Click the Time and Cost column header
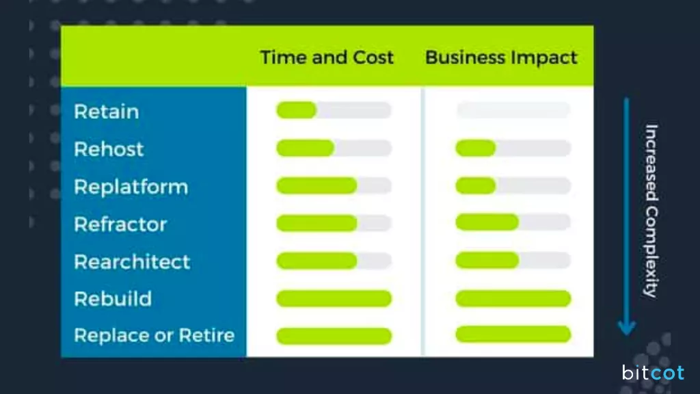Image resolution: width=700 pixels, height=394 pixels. [327, 57]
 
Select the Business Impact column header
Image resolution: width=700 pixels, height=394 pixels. [501, 57]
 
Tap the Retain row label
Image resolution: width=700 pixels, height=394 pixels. [106, 111]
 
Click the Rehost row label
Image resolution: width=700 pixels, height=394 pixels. [109, 149]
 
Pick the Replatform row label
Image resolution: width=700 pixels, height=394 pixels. [131, 187]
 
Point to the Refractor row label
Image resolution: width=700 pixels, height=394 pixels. [120, 224]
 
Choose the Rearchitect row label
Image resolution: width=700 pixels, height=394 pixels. [132, 262]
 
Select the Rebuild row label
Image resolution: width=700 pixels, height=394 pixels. [113, 299]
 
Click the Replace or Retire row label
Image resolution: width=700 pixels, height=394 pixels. [154, 336]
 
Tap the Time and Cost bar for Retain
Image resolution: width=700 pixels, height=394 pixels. [334, 110]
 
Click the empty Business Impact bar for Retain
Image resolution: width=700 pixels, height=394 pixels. [513, 110]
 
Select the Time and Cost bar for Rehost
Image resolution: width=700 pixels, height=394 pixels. [334, 148]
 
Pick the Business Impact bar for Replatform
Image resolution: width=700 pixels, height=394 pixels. [513, 185]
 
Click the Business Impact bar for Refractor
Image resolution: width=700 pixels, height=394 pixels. [513, 222]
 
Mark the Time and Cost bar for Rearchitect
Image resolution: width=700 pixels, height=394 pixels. [334, 261]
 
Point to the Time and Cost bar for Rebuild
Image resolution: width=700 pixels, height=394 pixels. [334, 298]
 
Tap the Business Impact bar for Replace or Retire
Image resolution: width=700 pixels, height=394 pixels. [513, 334]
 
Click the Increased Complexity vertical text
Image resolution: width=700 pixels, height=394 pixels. [651, 210]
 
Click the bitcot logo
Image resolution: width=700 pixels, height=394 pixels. [652, 373]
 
